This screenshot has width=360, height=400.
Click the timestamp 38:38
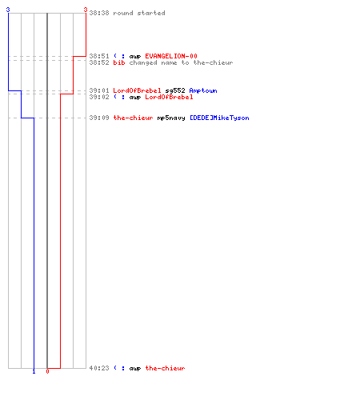(99, 13)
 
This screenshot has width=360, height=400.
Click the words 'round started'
(139, 13)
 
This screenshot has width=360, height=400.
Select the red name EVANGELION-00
(171, 56)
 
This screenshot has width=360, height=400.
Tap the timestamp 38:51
(99, 56)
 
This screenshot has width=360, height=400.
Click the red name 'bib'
(119, 62)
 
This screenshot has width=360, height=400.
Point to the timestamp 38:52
(99, 62)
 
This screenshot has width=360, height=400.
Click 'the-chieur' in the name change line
(213, 62)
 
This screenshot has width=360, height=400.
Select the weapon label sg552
(175, 90)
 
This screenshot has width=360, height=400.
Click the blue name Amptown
(203, 90)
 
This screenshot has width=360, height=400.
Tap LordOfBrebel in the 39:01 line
(137, 90)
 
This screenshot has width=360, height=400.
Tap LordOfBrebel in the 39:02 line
(169, 97)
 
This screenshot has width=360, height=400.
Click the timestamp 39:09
(99, 118)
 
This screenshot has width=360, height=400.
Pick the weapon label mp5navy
(171, 118)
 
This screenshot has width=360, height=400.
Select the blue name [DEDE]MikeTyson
(219, 118)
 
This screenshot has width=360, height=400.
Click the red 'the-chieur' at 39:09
(133, 118)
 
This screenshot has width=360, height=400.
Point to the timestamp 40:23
(99, 368)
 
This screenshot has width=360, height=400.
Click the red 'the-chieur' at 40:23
(165, 368)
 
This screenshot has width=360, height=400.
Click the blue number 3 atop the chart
(8, 10)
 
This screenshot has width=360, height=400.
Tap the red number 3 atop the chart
(86, 10)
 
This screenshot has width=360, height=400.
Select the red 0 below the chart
(47, 371)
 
